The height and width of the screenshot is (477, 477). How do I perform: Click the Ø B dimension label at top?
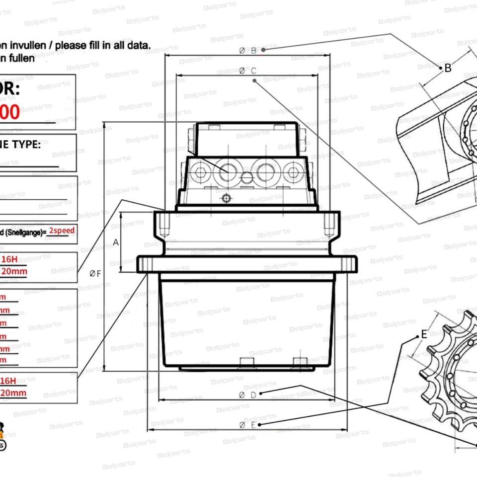(247, 50)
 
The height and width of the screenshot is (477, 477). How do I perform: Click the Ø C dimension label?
(247, 71)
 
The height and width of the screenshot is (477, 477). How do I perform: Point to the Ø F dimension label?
(95, 274)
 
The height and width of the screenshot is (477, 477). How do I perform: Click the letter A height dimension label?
(116, 242)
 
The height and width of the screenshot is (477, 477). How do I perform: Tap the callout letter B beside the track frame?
(448, 68)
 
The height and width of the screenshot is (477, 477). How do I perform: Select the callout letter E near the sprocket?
(424, 334)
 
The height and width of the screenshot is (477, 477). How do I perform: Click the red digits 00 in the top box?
(10, 112)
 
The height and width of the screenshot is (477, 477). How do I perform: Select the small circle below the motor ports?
(227, 199)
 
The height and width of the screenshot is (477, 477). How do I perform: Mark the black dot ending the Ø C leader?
(254, 80)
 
